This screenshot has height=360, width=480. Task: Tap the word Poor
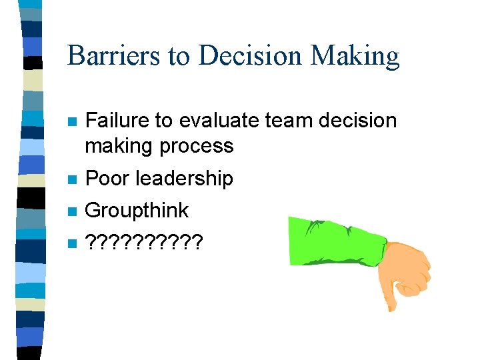[107, 178]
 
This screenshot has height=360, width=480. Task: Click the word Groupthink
[138, 211]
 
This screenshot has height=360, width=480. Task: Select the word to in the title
[179, 56]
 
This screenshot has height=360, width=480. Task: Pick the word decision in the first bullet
[358, 121]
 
